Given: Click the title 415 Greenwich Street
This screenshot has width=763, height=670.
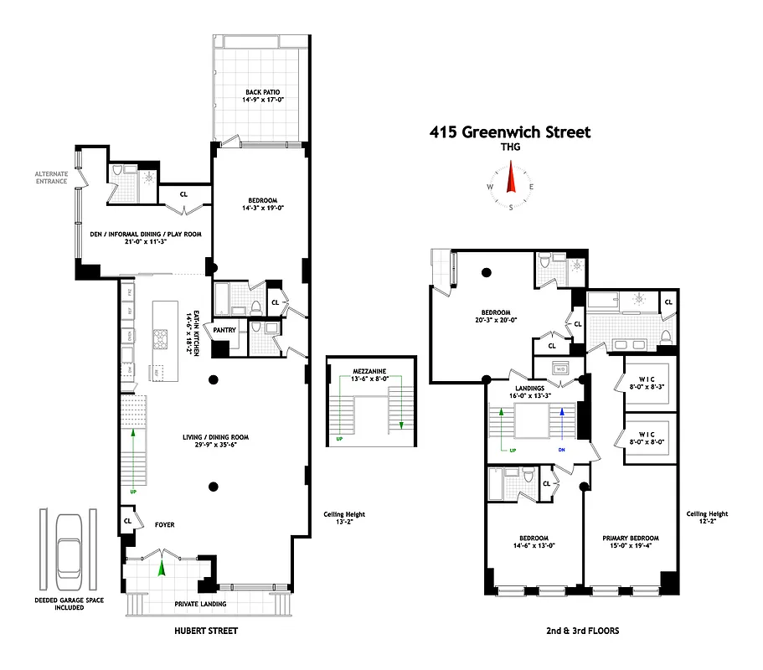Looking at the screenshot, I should click(509, 131).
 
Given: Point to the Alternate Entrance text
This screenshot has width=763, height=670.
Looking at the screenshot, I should click(51, 178).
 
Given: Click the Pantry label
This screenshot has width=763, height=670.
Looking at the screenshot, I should click(224, 330).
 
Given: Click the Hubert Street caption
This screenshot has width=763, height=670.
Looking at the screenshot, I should click(207, 631).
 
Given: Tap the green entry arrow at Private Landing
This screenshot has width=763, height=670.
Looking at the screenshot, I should click(162, 569).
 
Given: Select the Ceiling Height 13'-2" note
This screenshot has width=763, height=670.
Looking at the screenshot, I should click(344, 519).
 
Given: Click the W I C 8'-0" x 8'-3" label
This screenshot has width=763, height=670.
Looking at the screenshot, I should click(645, 383).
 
